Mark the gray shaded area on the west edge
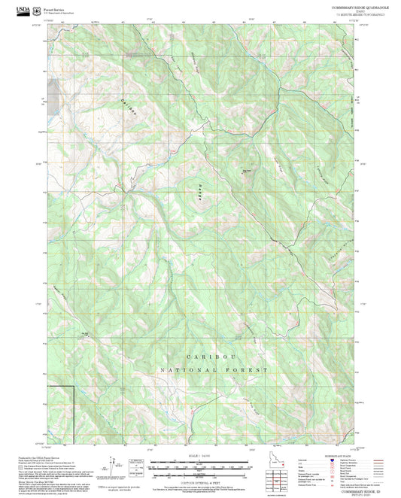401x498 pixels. click(x=52, y=96)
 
